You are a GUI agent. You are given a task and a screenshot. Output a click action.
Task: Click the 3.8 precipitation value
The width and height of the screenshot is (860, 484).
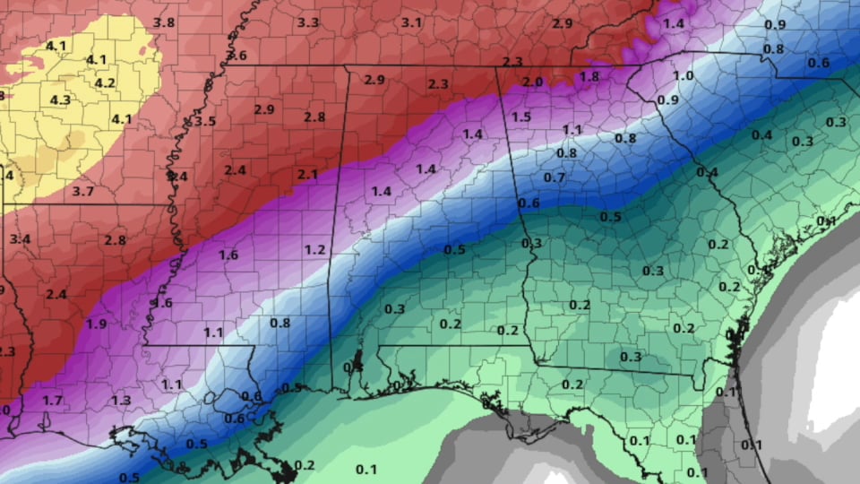pos(164,22)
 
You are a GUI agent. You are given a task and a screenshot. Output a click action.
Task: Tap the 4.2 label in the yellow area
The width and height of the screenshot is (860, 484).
pos(105,83)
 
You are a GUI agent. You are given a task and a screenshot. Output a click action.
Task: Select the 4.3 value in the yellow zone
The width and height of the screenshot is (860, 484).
pos(60,99)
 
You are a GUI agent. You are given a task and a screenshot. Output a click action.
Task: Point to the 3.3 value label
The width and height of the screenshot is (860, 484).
pos(308,22)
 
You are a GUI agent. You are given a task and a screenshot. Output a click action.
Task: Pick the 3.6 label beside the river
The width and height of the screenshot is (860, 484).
pos(236,56)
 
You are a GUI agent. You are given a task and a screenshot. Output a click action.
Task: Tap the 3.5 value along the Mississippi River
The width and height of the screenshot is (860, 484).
pos(205,121)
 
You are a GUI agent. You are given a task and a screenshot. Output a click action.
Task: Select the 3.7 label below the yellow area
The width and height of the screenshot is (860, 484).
pos(82,191)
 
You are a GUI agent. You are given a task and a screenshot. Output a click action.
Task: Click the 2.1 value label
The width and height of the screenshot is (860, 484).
pos(307,173)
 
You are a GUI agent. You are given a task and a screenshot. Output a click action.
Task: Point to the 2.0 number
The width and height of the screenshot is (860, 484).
pos(532,82)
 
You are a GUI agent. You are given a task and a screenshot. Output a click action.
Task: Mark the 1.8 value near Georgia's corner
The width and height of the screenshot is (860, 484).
pos(589,76)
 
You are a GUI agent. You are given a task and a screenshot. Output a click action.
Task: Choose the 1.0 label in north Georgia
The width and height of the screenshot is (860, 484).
pos(683,76)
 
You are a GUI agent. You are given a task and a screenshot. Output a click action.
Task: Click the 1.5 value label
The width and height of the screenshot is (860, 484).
pos(521,117)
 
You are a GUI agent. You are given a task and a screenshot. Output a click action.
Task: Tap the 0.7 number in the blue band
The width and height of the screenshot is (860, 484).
pos(555,177)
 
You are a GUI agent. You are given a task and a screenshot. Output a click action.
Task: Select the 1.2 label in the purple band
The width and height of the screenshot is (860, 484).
pos(314,248)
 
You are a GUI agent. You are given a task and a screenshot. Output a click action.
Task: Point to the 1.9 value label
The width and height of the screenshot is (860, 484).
pos(98,324)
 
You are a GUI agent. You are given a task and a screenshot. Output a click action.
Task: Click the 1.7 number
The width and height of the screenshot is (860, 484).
pos(53,400)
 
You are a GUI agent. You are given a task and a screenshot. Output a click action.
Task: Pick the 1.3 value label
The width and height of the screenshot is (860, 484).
pos(121,400)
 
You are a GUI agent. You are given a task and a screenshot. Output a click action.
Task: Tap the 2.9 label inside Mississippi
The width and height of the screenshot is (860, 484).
pos(263,109)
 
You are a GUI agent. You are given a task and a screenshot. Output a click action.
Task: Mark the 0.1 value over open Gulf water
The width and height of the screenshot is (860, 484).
pos(365,469)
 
